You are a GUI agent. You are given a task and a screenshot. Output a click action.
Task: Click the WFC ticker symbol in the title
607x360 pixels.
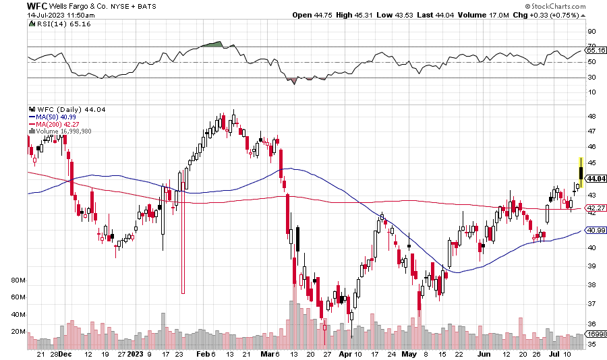click(x=36, y=5)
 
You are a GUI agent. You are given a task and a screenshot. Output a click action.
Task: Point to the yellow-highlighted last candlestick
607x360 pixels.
click(x=581, y=172)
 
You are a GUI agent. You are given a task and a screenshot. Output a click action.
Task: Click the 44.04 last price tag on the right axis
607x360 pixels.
click(x=596, y=179)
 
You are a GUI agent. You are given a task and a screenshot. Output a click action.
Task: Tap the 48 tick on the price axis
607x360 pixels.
click(x=591, y=116)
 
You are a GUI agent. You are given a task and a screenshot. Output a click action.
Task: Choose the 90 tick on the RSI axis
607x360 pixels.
click(x=591, y=31)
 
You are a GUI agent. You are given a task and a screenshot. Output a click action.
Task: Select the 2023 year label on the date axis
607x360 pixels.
click(x=136, y=353)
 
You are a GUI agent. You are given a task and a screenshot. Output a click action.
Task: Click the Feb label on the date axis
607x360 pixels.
click(x=201, y=353)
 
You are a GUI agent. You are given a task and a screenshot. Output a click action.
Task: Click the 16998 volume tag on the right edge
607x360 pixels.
click(x=596, y=334)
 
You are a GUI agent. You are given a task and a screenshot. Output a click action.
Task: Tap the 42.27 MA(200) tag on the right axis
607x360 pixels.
click(x=596, y=209)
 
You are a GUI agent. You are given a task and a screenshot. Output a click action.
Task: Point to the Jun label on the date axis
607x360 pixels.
click(x=484, y=353)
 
